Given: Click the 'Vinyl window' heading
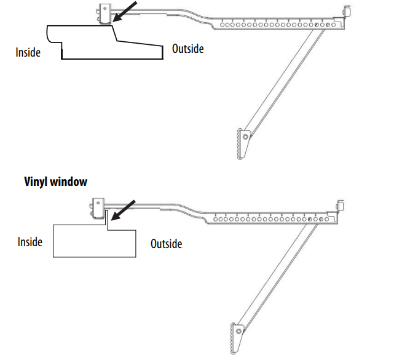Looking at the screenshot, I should coord(55,182).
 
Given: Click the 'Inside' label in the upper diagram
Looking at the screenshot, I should coord(28,52).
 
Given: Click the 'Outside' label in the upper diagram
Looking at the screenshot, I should coord(187,48).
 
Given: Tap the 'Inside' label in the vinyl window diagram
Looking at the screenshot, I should coord(30,241).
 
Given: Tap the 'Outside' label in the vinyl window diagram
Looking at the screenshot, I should coord(167,244).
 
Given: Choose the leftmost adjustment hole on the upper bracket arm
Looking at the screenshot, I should coord(222,25).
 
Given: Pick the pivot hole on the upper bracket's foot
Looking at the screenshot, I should coord(243,135).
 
